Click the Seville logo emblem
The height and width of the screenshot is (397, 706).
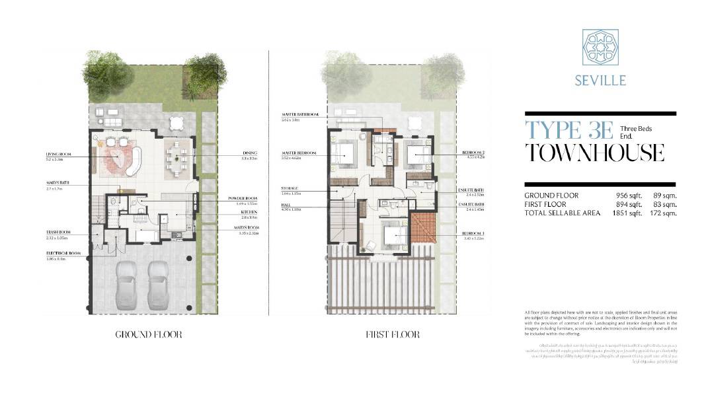(x=600, y=48)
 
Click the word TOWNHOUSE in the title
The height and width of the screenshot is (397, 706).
(x=594, y=153)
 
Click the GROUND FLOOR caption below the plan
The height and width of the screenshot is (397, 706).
(x=149, y=335)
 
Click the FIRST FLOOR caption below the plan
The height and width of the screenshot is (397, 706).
(x=393, y=335)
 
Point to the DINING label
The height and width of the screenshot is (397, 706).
(x=249, y=153)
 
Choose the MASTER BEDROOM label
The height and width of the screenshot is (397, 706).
(x=298, y=153)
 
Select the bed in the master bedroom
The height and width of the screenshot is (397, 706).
(x=345, y=155)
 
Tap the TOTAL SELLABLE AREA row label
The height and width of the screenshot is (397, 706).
(x=563, y=213)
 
